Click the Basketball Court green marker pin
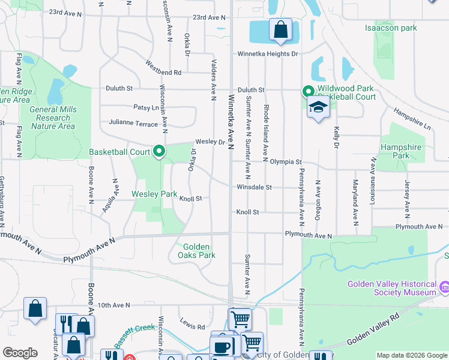click(x=159, y=152)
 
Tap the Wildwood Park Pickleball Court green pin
click(x=309, y=92)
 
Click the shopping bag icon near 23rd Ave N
click(x=280, y=29)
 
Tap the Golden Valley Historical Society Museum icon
click(x=444, y=288)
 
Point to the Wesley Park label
click(x=154, y=194)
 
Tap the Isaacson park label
click(x=391, y=28)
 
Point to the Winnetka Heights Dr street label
click(x=267, y=53)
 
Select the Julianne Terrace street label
click(x=133, y=122)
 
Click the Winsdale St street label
click(x=255, y=187)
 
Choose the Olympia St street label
click(x=285, y=161)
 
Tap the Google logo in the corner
click(x=20, y=353)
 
